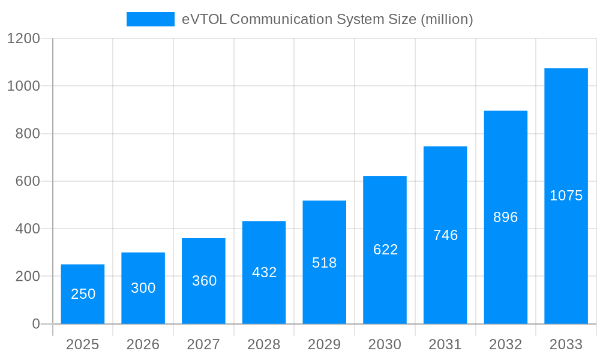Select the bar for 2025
(x=83, y=294)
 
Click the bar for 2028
(x=264, y=272)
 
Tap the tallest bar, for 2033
(x=566, y=196)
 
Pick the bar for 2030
(x=385, y=250)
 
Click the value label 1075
(x=566, y=196)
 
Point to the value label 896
(x=505, y=217)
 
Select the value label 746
(x=445, y=235)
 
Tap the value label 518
(x=325, y=263)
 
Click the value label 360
(x=204, y=281)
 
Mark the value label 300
(x=143, y=288)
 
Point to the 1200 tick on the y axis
(x=23, y=39)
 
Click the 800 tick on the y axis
(x=28, y=134)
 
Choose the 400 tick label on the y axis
(x=28, y=229)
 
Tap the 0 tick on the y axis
(x=36, y=324)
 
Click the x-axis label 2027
(x=203, y=344)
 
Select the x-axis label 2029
(x=324, y=344)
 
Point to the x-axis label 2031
(x=445, y=344)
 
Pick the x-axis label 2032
(x=505, y=344)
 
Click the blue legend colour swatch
(x=150, y=19)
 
